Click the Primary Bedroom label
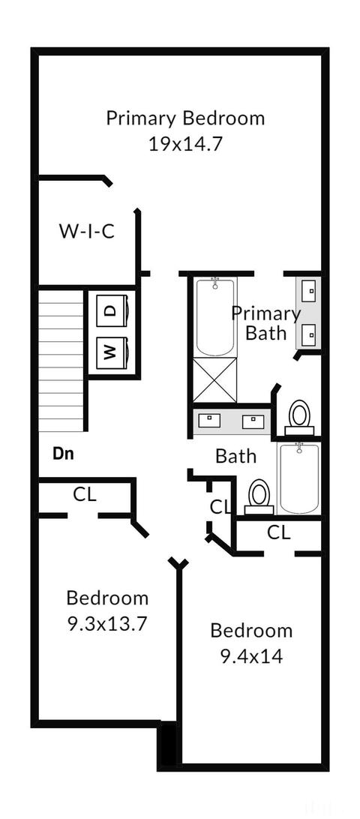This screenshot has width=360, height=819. pos(185,118)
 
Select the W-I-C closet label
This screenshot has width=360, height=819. pos(87,231)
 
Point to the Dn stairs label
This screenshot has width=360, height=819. pos(63,454)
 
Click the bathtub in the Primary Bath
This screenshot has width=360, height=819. pos(214,317)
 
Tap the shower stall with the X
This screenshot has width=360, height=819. pos(214,380)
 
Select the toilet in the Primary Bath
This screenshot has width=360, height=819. pos(299,417)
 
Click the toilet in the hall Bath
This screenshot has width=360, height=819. pos(259,496)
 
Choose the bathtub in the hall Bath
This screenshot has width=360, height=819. pos(299,478)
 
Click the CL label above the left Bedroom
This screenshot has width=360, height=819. pos(85,495)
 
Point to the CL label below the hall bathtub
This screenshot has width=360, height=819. pos(279,532)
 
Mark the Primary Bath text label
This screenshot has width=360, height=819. pos(266,324)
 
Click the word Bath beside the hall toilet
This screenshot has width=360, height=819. pos(236,456)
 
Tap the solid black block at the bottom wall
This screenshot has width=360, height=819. pos(168,744)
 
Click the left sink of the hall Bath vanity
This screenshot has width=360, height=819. pos(211,419)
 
